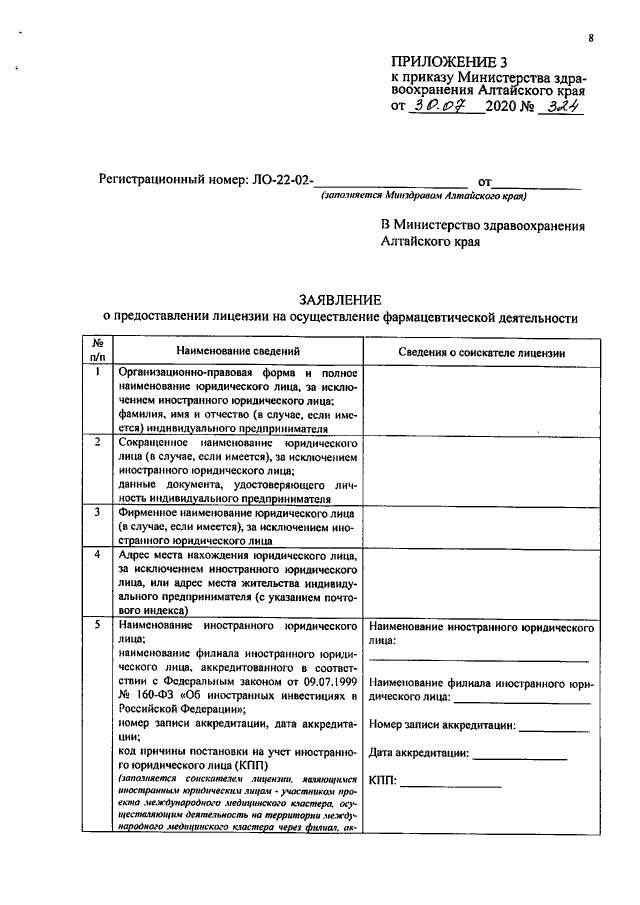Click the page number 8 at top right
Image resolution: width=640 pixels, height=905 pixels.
pos(591,38)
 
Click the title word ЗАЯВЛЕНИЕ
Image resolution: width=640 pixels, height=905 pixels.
pos(341,300)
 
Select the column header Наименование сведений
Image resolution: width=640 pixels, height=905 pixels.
pos(238,352)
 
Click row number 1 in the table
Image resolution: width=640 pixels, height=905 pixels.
pos(98,372)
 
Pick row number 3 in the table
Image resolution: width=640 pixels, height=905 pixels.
pos(98,511)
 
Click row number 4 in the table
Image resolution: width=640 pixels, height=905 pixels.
pos(98,554)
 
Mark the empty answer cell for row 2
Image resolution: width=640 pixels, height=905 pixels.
pos(482,470)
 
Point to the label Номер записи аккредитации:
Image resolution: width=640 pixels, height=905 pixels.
pos(441,725)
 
